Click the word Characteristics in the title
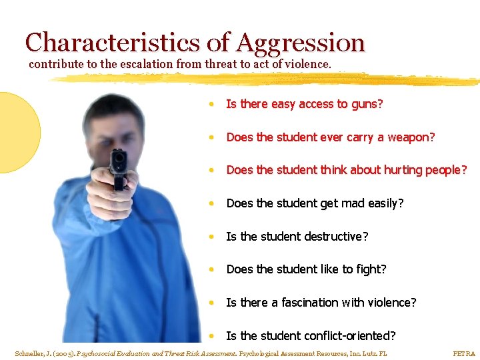(112, 43)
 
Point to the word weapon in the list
(410, 137)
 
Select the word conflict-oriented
(350, 335)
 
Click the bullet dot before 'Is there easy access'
(210, 105)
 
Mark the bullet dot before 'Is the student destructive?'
(210, 237)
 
